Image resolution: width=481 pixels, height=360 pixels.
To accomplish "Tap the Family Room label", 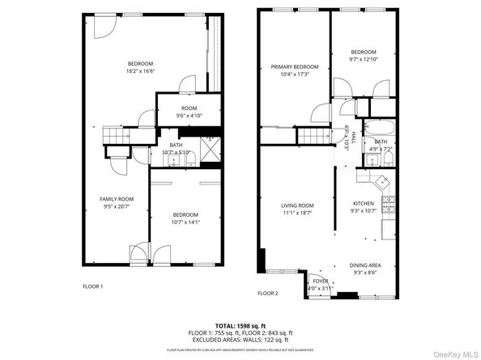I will tap(116, 203).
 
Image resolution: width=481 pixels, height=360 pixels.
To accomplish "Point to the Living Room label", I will tap(296, 210).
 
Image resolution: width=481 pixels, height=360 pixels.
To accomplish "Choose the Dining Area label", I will tap(366, 268).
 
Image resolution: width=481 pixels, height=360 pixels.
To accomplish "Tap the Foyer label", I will tap(320, 284).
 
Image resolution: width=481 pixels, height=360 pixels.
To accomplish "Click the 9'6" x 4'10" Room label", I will tap(189, 112).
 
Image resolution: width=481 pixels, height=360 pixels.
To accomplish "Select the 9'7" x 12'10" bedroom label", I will tap(364, 56).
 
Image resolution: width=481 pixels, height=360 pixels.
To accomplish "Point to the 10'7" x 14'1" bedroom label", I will tap(185, 218).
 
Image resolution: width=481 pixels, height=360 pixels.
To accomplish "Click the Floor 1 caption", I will tap(94, 286).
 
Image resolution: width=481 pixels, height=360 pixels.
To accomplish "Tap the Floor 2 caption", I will tap(267, 293).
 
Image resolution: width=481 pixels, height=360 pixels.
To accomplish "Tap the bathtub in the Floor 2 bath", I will tap(380, 128).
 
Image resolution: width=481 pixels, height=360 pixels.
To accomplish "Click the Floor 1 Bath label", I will tap(176, 148).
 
